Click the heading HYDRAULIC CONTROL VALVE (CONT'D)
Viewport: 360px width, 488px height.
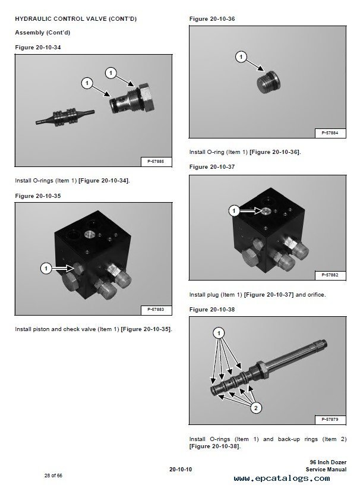(x=75, y=18)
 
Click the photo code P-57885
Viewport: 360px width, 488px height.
(x=156, y=162)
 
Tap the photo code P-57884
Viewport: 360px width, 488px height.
(x=330, y=133)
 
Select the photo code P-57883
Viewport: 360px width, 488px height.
(x=156, y=310)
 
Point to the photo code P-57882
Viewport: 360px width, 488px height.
(x=330, y=275)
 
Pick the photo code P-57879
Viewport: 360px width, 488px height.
(x=330, y=420)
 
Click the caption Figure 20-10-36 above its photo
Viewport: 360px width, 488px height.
(x=212, y=19)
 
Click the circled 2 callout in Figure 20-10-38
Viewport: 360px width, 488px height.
(x=256, y=408)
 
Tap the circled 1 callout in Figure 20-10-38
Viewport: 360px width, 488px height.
(x=219, y=333)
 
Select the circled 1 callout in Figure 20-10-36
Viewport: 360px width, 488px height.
(x=241, y=57)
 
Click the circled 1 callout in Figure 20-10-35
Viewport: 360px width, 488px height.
(x=46, y=268)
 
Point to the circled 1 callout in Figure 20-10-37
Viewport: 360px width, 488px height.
(x=234, y=211)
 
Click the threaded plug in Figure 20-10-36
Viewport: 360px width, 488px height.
(x=269, y=81)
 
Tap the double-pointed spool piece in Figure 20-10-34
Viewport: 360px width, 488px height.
(x=65, y=117)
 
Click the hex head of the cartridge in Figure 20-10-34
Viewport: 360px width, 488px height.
(x=146, y=97)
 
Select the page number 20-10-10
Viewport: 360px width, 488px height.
(x=181, y=470)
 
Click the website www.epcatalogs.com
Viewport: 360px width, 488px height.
(x=282, y=478)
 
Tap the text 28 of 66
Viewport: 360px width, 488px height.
(x=53, y=476)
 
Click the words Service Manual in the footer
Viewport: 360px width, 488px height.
(x=326, y=470)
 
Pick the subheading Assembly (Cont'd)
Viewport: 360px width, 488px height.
(x=43, y=32)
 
